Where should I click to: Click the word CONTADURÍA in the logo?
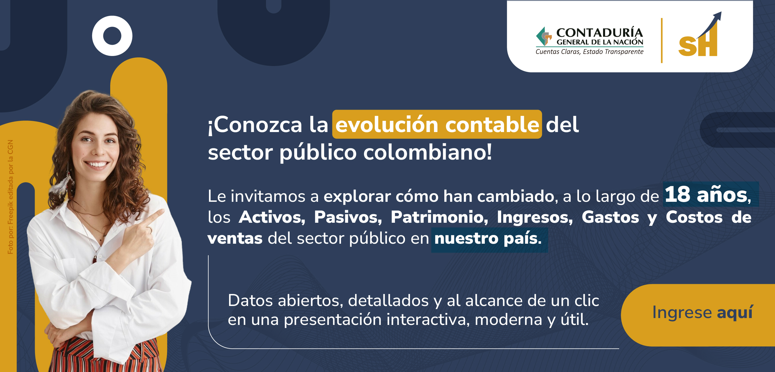pyautogui.click(x=600, y=32)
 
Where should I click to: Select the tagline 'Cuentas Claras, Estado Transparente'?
pyautogui.click(x=589, y=52)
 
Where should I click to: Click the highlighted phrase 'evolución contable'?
pyautogui.click(x=437, y=124)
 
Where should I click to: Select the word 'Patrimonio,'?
pyautogui.click(x=439, y=217)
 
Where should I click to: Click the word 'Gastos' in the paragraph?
pyautogui.click(x=610, y=217)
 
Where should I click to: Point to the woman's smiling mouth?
pyautogui.click(x=97, y=165)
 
